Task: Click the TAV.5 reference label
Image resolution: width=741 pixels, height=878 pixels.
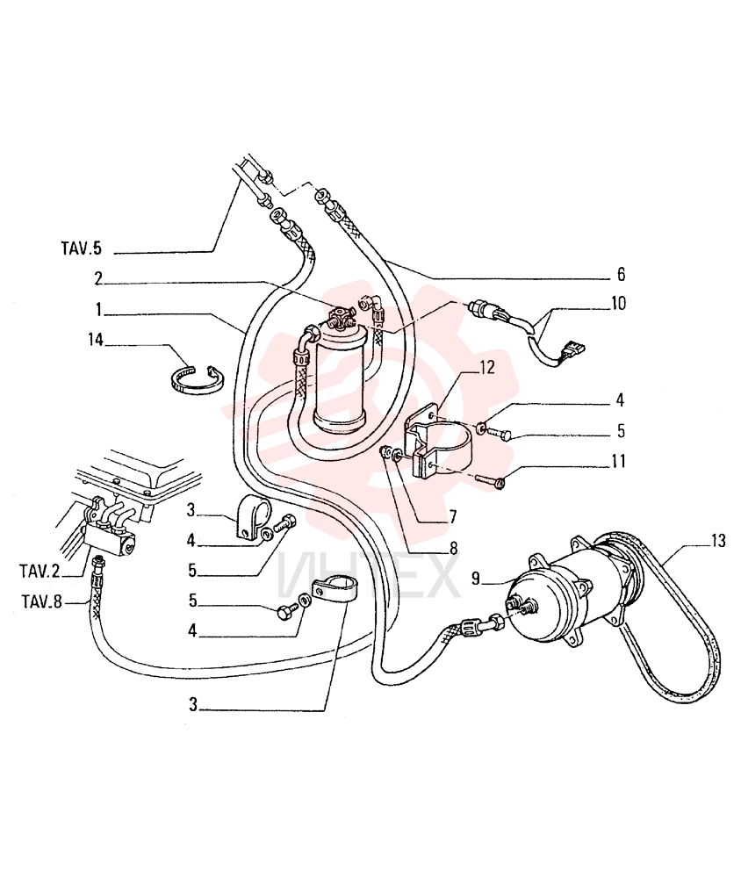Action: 82,248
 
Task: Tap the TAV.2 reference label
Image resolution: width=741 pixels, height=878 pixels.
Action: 40,572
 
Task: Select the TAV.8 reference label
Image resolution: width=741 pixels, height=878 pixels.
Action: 42,602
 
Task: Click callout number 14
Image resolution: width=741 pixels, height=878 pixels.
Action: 96,339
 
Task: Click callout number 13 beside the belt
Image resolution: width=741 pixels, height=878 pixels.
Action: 718,541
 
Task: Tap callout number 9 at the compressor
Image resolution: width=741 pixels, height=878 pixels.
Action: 476,579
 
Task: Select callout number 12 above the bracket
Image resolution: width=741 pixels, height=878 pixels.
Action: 486,368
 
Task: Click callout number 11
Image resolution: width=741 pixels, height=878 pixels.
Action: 618,462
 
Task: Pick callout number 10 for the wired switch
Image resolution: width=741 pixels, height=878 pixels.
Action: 618,304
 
